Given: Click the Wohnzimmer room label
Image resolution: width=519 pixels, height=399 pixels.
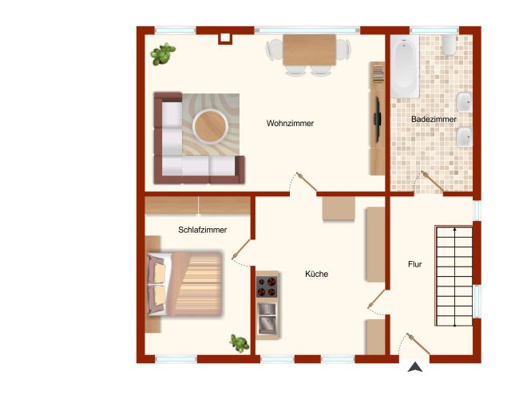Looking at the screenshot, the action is pos(290,124).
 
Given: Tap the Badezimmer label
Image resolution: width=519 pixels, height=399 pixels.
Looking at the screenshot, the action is pos(434,119).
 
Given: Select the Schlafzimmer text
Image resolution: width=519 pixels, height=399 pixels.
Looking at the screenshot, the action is pos(203,230).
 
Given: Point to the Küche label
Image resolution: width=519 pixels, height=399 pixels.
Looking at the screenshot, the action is pos(317,274).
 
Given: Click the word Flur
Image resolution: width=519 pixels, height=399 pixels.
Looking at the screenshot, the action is pos(414,264).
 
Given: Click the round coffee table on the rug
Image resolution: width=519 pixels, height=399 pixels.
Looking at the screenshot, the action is pos(211,126).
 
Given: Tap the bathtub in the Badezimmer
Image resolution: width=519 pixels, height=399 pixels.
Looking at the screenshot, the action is pos(405,67).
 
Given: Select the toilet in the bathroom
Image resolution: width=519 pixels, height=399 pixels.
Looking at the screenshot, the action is pos(450,45).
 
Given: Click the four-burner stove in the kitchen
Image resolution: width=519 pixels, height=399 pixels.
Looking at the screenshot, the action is pos(267,286).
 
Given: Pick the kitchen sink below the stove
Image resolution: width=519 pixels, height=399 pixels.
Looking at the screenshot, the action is pos(267,318).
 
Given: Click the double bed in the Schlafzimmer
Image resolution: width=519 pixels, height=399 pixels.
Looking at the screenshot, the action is pos(184,284).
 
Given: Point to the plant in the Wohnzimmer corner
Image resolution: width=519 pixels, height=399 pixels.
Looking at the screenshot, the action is pos(162,54).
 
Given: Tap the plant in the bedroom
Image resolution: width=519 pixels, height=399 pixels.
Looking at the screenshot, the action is pos(239,343).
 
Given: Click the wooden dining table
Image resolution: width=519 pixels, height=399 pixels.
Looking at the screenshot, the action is pos(309,49).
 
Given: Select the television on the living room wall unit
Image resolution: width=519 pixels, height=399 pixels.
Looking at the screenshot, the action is pos(377,120).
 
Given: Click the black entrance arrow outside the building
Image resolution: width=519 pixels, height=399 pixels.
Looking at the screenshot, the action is pos(414,367).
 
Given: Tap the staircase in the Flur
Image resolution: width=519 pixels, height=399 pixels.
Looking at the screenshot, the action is pos(454,276).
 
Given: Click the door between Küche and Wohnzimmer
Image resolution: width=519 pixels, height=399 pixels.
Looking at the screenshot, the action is pos(303,184).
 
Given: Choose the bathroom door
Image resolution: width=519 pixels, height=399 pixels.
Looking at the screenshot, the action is pos(430,183).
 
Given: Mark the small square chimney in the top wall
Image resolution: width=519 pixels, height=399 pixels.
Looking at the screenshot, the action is pos(225,38).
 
